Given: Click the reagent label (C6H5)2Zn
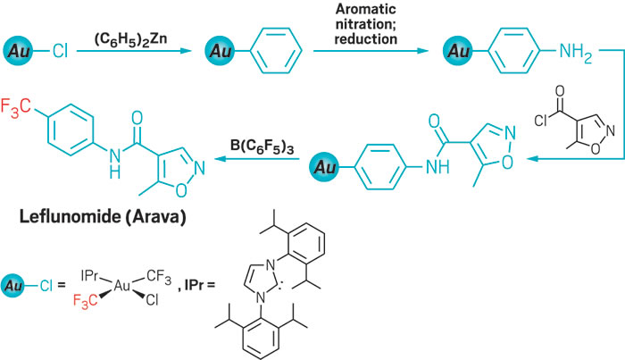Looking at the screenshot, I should coord(129,38).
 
